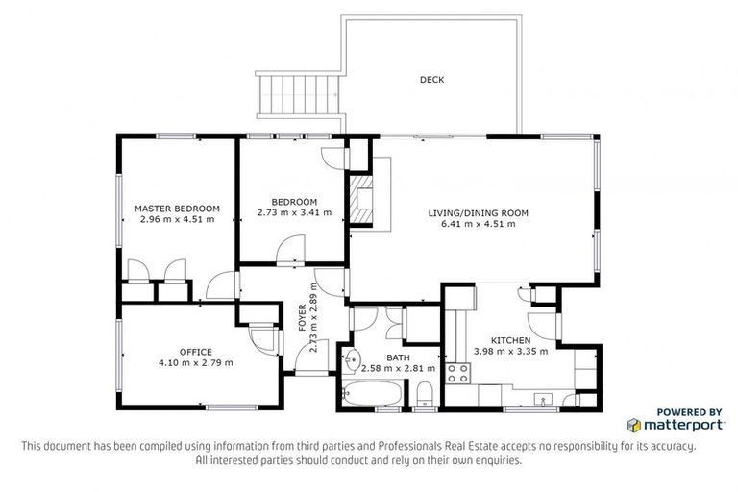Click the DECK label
(431, 80)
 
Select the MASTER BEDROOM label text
(177, 208)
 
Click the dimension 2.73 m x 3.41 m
(294, 212)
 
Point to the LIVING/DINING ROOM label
(478, 212)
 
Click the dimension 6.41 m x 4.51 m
(478, 224)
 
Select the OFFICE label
(195, 352)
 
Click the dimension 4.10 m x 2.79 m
(195, 363)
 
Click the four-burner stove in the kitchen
(457, 372)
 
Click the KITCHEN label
(510, 340)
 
